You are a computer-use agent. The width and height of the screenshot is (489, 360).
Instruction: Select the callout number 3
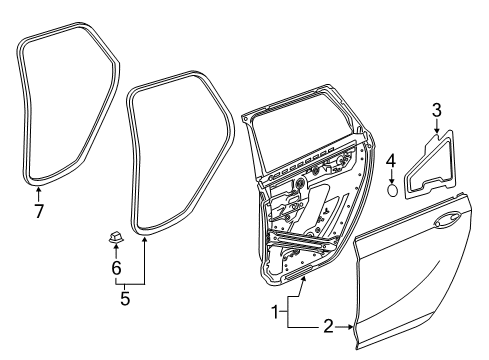click(x=436, y=109)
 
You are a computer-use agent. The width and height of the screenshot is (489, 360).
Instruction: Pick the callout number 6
click(x=116, y=269)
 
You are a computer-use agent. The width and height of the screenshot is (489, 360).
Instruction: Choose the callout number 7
click(x=38, y=212)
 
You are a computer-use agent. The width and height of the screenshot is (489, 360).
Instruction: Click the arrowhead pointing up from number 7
click(x=38, y=188)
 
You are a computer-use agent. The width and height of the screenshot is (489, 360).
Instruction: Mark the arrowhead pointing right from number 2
click(x=351, y=327)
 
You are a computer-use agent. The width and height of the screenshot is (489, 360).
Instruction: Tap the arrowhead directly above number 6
click(x=116, y=250)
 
